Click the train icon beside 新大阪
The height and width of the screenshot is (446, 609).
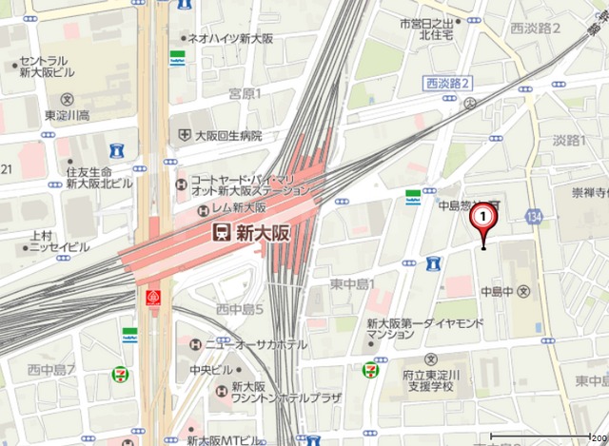click(x=221, y=232)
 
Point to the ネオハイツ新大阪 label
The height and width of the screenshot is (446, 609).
click(x=230, y=39)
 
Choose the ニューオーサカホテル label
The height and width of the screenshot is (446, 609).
click(x=256, y=344)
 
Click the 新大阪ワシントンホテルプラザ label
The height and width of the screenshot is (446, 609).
click(x=265, y=395)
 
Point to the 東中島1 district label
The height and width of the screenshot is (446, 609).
click(x=353, y=284)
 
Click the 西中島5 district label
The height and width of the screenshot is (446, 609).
click(x=239, y=309)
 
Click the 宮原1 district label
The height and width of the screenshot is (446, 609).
click(x=245, y=92)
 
